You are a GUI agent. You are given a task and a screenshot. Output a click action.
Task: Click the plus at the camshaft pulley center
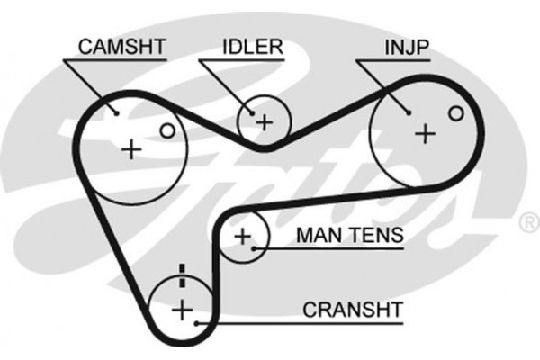132,148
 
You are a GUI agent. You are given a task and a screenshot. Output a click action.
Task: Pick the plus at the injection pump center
424,133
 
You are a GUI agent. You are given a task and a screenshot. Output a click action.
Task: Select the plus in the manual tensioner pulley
241,237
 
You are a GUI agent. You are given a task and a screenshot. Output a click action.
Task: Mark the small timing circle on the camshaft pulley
166,131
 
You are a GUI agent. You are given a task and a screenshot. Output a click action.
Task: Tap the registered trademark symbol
526,220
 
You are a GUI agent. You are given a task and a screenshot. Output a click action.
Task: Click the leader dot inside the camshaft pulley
118,113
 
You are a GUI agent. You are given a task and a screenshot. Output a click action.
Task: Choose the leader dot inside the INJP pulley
409,112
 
